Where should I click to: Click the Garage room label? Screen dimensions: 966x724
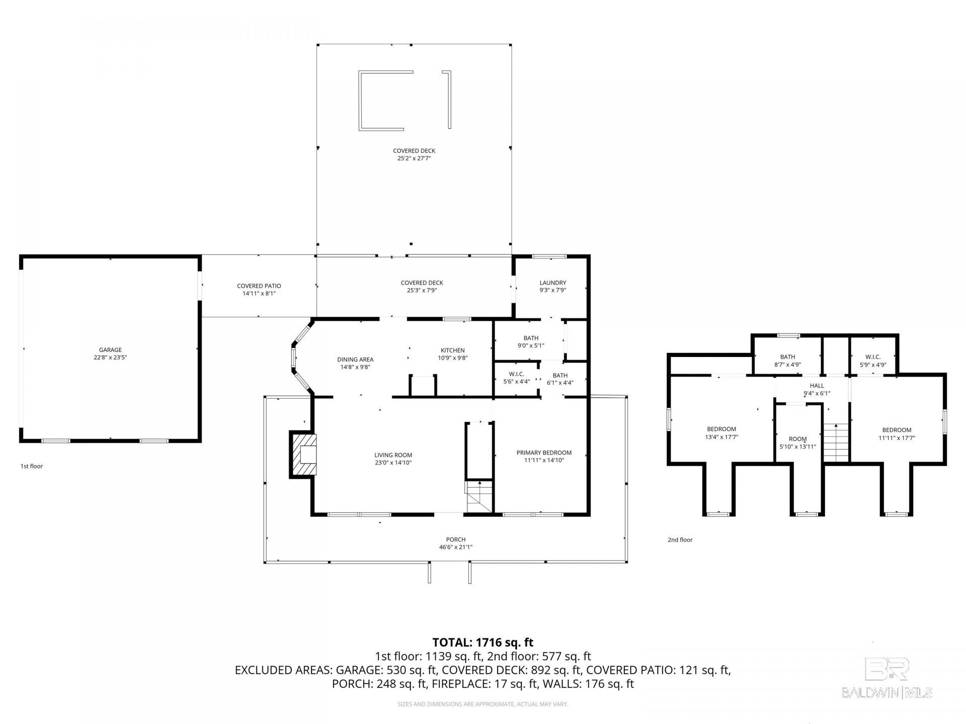point(110,350)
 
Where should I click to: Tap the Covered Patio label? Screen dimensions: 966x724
point(259,286)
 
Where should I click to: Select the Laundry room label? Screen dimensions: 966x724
point(553,283)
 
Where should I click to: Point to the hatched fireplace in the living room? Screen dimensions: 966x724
point(303,454)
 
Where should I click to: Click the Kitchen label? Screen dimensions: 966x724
point(453,350)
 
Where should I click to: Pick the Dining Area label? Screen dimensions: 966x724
point(355,359)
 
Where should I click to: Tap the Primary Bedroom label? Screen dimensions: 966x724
point(544,452)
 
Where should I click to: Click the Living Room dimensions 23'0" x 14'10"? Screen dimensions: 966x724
point(393,463)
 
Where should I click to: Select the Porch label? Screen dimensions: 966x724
point(456,539)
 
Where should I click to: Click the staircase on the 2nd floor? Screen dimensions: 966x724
point(836,442)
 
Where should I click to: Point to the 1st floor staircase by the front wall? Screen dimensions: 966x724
point(479,497)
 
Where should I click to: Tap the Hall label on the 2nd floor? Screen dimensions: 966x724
point(817,386)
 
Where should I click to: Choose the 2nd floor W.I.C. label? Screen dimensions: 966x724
point(873,357)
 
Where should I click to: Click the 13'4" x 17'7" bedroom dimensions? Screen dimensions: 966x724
point(721,437)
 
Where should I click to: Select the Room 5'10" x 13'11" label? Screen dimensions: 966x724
point(798,442)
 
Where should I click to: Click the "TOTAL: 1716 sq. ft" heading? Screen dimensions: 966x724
point(483,642)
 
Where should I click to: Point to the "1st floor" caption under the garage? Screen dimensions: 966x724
point(32,466)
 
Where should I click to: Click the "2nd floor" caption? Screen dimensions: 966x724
point(680,539)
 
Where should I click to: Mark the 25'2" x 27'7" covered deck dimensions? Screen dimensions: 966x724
point(415,158)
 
